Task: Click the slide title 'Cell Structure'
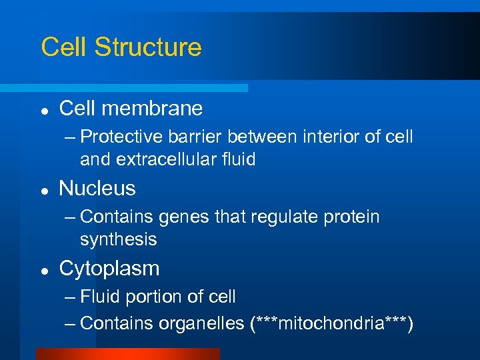[121, 47]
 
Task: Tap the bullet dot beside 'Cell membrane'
[43, 109]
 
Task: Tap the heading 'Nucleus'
[97, 189]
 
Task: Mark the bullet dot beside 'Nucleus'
[43, 190]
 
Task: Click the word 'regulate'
[288, 217]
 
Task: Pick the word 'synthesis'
[118, 239]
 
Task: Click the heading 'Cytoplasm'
[109, 269]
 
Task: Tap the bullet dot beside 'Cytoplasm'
[43, 270]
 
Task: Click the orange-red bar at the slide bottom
[127, 354]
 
